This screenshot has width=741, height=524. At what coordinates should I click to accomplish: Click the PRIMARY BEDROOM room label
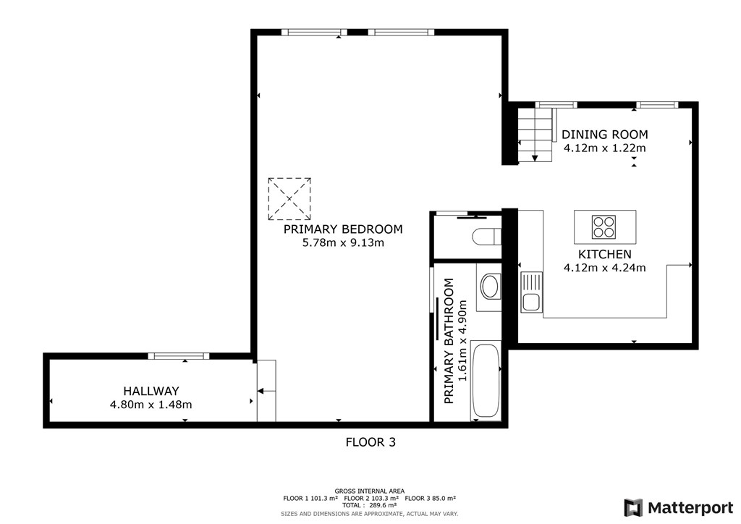[x=343, y=229]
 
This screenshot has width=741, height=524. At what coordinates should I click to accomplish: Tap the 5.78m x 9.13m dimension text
[x=343, y=243]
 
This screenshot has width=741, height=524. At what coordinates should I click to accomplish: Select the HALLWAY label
[x=151, y=392]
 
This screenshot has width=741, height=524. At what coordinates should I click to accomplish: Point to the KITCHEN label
[x=605, y=254]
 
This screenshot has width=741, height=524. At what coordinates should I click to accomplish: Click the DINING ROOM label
[x=605, y=135]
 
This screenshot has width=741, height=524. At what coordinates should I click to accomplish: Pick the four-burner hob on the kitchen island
[x=604, y=227]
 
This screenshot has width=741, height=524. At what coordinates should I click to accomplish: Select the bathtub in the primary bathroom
[x=486, y=381]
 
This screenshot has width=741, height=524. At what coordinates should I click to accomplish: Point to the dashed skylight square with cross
[x=289, y=199]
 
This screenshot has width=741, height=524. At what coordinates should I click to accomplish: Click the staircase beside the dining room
[x=535, y=135]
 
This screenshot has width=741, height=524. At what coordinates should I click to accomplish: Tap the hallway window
[x=178, y=356]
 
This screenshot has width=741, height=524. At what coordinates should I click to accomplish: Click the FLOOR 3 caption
[x=370, y=442]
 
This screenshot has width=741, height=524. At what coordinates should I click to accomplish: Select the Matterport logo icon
[x=633, y=507]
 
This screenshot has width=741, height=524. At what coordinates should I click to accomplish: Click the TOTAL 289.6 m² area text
[x=370, y=505]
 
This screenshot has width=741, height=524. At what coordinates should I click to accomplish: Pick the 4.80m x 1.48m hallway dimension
[x=151, y=405]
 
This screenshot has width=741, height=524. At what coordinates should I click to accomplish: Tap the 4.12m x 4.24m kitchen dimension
[x=605, y=268]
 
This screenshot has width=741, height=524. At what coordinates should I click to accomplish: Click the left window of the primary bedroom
[x=314, y=32]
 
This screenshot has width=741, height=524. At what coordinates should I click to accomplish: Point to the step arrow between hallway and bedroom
[x=266, y=391]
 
